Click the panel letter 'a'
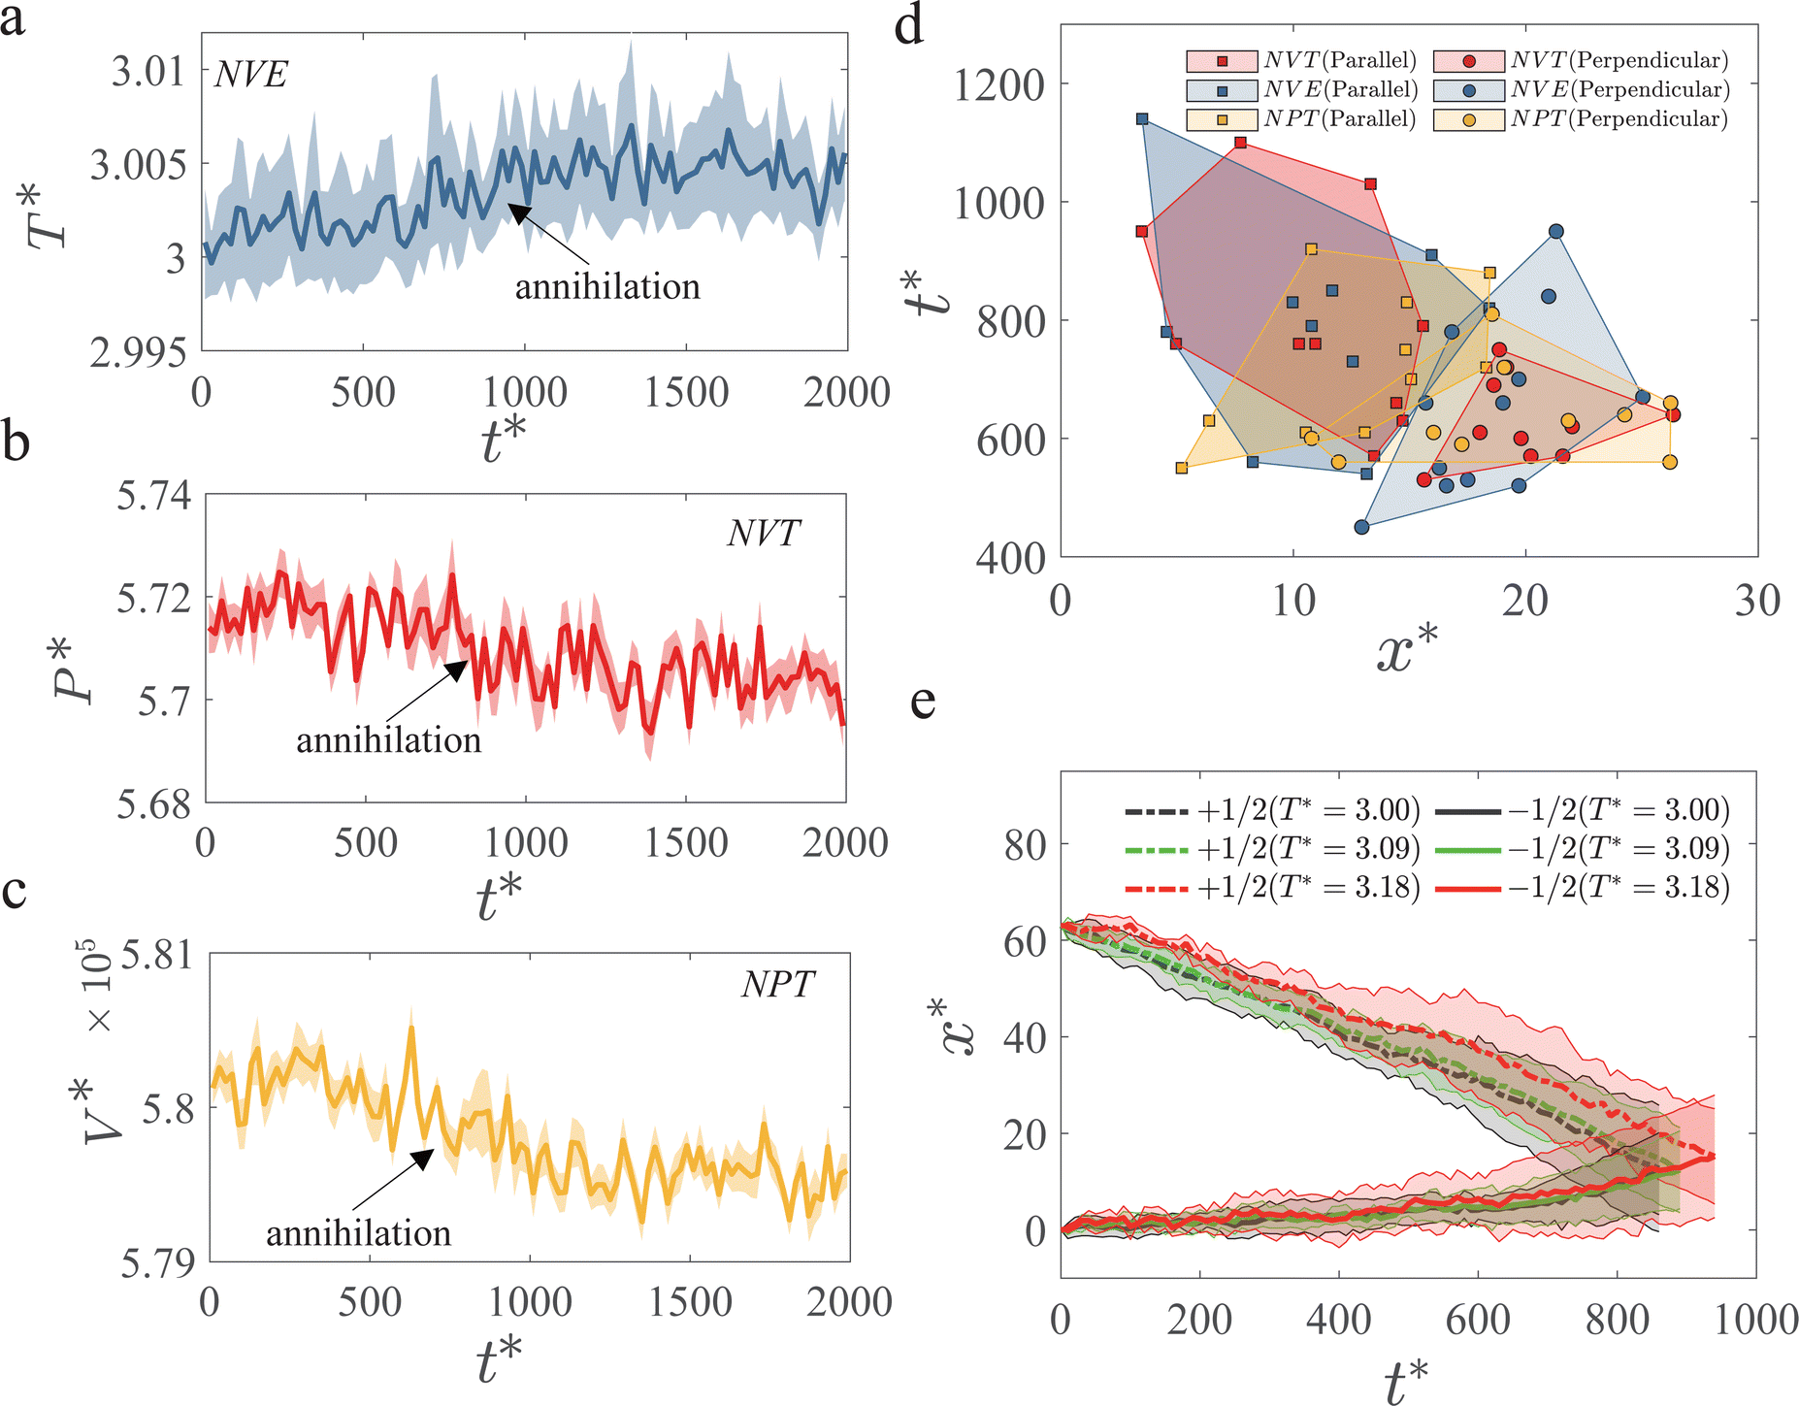13,19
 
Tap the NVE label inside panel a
251,75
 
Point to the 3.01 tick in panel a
147,71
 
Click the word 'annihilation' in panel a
607,287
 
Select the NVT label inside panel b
764,533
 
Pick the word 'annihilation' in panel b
388,741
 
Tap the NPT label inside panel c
777,985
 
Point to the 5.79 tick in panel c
157,1263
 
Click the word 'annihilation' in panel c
358,1233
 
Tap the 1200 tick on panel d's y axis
998,85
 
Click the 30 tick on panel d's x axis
1757,602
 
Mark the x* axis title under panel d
1407,649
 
